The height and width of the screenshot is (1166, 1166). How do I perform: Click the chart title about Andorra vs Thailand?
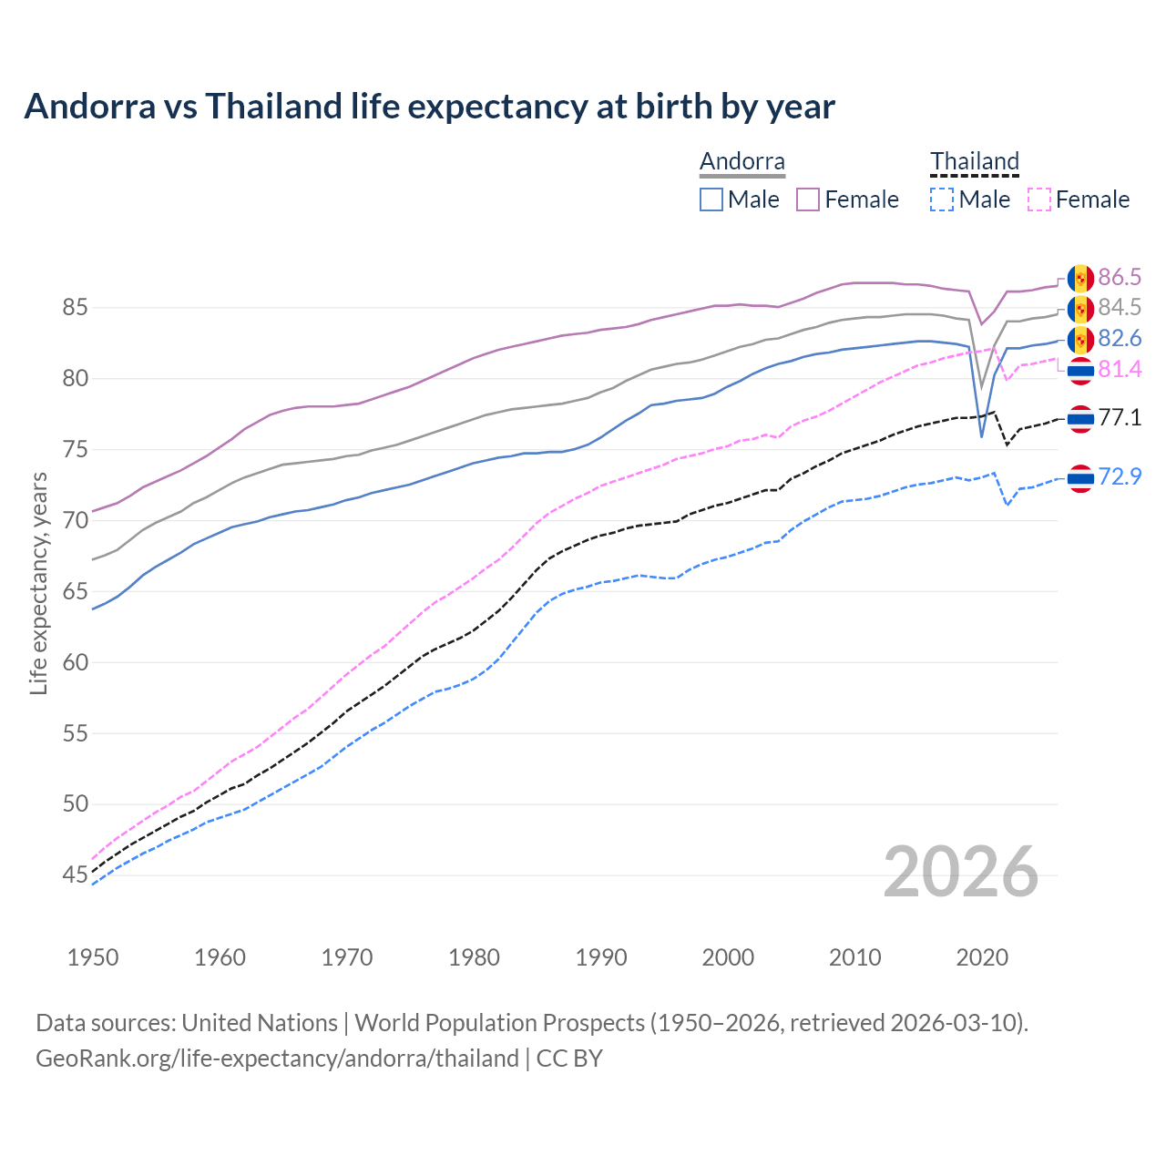(x=429, y=107)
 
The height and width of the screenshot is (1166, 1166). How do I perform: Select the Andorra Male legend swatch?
(x=711, y=199)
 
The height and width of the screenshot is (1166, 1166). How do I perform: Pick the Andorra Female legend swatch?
(x=808, y=199)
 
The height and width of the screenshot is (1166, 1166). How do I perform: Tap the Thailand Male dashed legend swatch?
(x=942, y=199)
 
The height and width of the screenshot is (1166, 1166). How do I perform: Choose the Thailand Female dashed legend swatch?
(x=1039, y=199)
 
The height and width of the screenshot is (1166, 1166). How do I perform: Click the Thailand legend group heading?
(x=974, y=161)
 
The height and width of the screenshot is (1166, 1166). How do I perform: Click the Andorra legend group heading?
(x=742, y=161)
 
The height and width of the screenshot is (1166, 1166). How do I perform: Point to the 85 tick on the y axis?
(x=75, y=308)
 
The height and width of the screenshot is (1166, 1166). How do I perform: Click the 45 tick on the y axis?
(x=75, y=875)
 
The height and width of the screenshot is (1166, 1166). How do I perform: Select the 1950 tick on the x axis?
(x=93, y=957)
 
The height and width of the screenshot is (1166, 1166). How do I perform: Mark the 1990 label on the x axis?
(x=601, y=957)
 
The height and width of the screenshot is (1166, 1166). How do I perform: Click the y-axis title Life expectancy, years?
(x=38, y=583)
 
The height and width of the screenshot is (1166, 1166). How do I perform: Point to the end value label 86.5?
(x=1120, y=277)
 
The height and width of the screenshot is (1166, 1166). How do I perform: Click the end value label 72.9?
(x=1120, y=476)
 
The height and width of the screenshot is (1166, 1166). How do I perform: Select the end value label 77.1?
(x=1120, y=418)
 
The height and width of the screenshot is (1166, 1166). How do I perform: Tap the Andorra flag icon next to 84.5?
(x=1080, y=310)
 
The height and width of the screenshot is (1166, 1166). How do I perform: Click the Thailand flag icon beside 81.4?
(x=1080, y=370)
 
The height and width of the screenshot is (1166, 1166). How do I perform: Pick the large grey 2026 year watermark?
(x=961, y=872)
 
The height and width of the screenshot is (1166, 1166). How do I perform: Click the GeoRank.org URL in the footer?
(x=277, y=1059)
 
